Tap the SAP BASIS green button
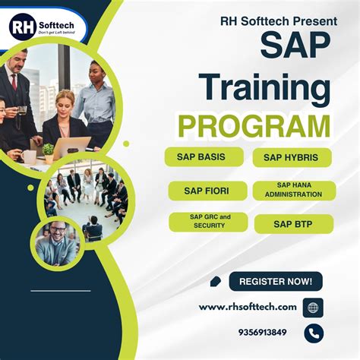(x=204, y=156)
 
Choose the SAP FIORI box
(x=206, y=190)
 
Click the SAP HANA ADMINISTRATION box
(x=293, y=190)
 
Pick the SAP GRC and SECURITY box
(x=205, y=222)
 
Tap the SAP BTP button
(x=293, y=223)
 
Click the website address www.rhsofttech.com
(x=248, y=306)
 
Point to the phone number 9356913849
(x=262, y=332)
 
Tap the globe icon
(x=313, y=307)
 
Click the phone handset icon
(x=313, y=332)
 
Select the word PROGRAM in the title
(x=254, y=125)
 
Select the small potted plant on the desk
(x=49, y=150)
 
